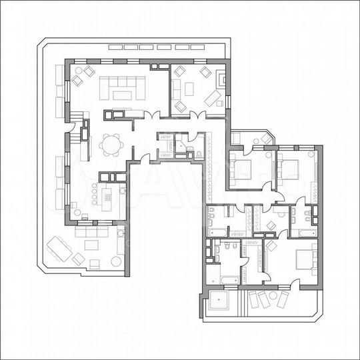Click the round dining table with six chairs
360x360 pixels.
coord(111,144)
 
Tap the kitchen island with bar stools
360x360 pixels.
coord(107,196)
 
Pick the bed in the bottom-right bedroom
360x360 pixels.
coord(303,257)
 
